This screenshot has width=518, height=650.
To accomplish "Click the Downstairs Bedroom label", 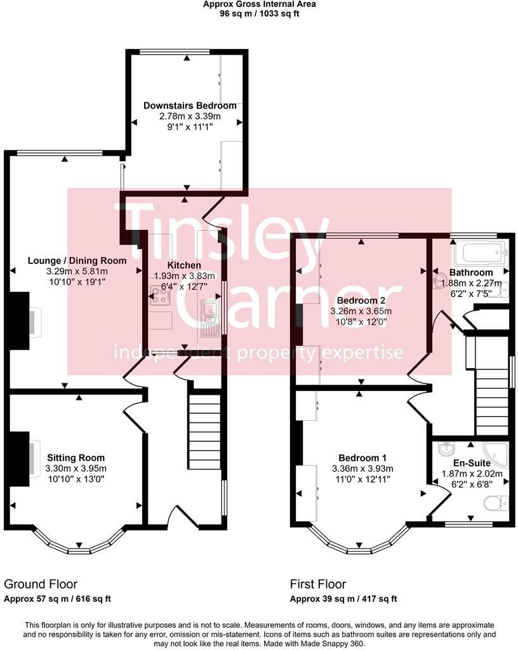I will pos(190,105).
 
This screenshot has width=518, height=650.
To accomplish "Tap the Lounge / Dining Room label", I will pos(77,260).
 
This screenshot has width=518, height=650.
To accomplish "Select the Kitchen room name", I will pos(184,265).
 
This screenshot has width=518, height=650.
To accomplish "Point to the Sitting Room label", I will pos(76,458).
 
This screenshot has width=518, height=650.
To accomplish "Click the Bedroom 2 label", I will pos(361,300).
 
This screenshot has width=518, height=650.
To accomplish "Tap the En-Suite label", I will pos(472,463).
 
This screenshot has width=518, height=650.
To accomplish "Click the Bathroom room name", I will pos(471,273).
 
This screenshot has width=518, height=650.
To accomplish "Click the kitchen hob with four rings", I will pos(159,296).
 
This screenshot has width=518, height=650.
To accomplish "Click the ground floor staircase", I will pos(204,432).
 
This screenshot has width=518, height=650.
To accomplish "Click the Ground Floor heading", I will pos(41,583).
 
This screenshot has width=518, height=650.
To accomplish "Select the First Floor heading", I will pos(318,583).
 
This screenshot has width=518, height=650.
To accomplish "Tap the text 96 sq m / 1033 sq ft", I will pos(259,13).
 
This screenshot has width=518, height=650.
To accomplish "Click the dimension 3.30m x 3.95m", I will pos(76,468).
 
